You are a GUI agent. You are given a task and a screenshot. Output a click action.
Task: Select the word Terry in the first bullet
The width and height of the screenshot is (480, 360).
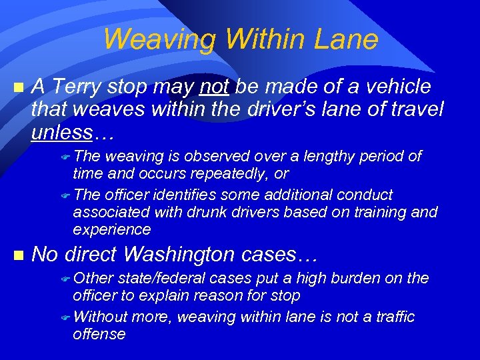(78, 87)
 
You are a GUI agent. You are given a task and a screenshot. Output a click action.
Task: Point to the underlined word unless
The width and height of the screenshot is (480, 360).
(62, 132)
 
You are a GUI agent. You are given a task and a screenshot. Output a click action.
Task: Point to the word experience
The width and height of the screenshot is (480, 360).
(111, 230)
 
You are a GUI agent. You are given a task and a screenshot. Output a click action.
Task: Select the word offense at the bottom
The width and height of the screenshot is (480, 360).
(99, 334)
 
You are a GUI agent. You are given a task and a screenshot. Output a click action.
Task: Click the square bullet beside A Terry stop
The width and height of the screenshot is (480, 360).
(18, 87)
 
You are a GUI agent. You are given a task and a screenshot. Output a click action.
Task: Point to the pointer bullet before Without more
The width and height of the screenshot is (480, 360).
(65, 317)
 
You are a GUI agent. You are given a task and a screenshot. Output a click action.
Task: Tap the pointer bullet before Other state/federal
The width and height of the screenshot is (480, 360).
(65, 279)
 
